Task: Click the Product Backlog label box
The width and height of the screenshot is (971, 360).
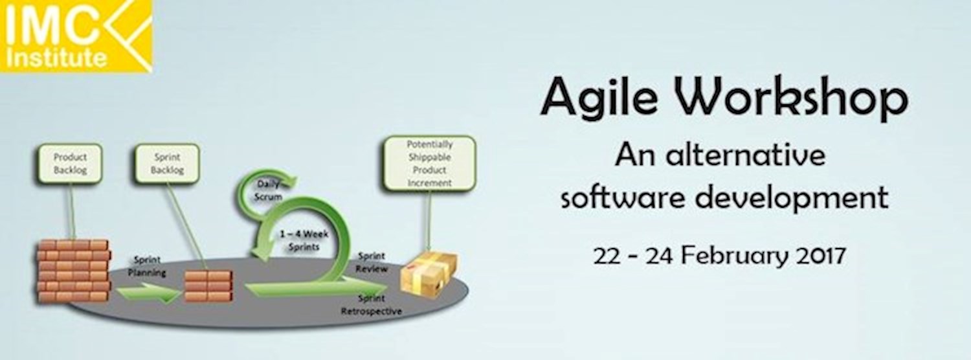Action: [70, 163]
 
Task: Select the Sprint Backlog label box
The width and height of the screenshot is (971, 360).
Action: [167, 163]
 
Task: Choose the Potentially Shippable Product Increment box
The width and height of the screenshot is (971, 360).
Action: [429, 163]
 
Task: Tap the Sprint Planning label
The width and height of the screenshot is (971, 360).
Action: [147, 267]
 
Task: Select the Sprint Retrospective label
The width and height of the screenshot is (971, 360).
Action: [371, 305]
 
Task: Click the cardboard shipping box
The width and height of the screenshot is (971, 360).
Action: [428, 271]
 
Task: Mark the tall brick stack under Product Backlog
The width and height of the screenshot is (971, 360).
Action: [73, 271]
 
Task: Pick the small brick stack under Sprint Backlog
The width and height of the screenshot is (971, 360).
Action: [208, 286]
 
